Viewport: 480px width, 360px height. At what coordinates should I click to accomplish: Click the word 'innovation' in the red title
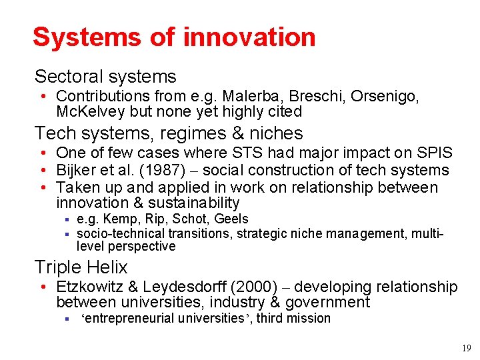pyautogui.click(x=249, y=37)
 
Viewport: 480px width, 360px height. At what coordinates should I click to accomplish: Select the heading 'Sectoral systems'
pyautogui.click(x=105, y=77)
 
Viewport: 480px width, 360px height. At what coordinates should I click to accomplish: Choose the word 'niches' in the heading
pyautogui.click(x=273, y=133)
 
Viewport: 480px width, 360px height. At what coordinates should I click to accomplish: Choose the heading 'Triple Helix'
pyautogui.click(x=81, y=267)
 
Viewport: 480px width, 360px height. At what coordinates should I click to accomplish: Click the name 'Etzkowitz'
pyautogui.click(x=89, y=287)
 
